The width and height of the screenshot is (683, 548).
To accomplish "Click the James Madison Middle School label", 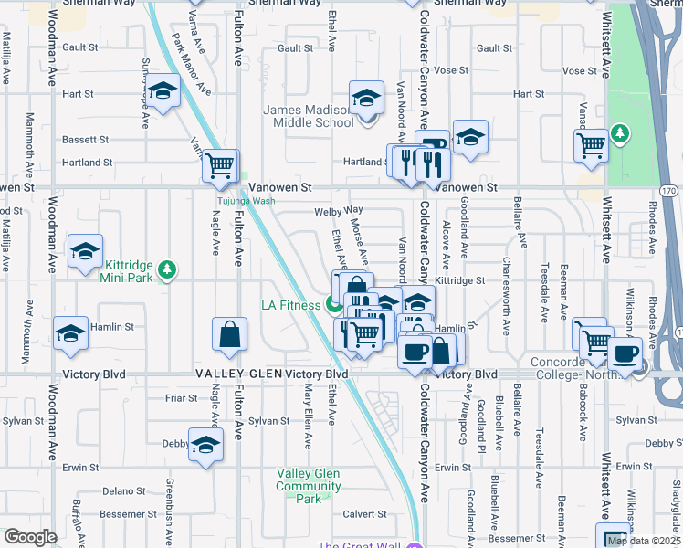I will pyautogui.click(x=309, y=116).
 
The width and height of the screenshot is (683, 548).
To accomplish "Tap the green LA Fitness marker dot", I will pyautogui.click(x=335, y=305).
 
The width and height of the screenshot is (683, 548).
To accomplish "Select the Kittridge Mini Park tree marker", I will pyautogui.click(x=166, y=269).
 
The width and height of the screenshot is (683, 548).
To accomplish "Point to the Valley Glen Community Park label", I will pyautogui.click(x=309, y=486).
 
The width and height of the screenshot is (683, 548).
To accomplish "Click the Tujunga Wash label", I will pyautogui.click(x=245, y=201).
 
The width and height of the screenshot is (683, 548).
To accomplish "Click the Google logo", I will pyautogui.click(x=30, y=537).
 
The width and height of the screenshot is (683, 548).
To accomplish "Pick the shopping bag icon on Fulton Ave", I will pyautogui.click(x=229, y=335).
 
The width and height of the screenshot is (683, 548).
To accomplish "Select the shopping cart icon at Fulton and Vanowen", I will pyautogui.click(x=219, y=167).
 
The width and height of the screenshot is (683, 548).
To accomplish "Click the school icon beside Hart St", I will pyautogui.click(x=163, y=93).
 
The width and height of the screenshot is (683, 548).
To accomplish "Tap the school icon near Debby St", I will pyautogui.click(x=205, y=446).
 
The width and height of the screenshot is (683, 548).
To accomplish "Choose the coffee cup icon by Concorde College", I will pyautogui.click(x=625, y=354).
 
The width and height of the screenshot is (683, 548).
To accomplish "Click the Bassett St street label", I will pyautogui.click(x=85, y=140).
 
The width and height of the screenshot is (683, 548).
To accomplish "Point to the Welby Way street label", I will pyautogui.click(x=333, y=211).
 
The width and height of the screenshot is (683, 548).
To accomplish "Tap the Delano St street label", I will pyautogui.click(x=119, y=490).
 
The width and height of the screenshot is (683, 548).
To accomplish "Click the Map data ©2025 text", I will pyautogui.click(x=645, y=541).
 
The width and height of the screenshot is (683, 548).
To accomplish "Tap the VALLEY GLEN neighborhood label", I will pyautogui.click(x=237, y=374).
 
